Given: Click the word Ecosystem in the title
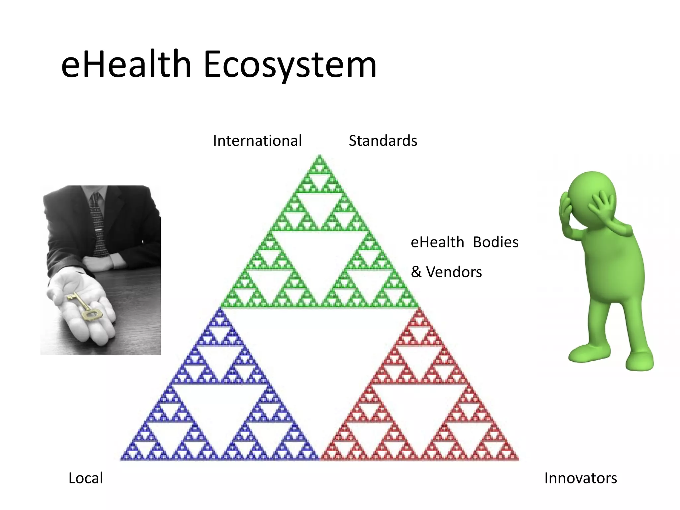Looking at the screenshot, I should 290,65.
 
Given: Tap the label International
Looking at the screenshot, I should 257,141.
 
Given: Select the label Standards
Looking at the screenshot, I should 383,141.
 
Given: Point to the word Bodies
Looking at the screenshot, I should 495,242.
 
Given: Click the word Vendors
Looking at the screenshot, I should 454,272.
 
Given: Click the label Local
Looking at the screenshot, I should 86,478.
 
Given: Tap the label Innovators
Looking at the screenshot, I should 580,478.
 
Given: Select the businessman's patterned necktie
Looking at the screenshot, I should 98,226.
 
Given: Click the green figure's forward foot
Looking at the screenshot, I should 639,362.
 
